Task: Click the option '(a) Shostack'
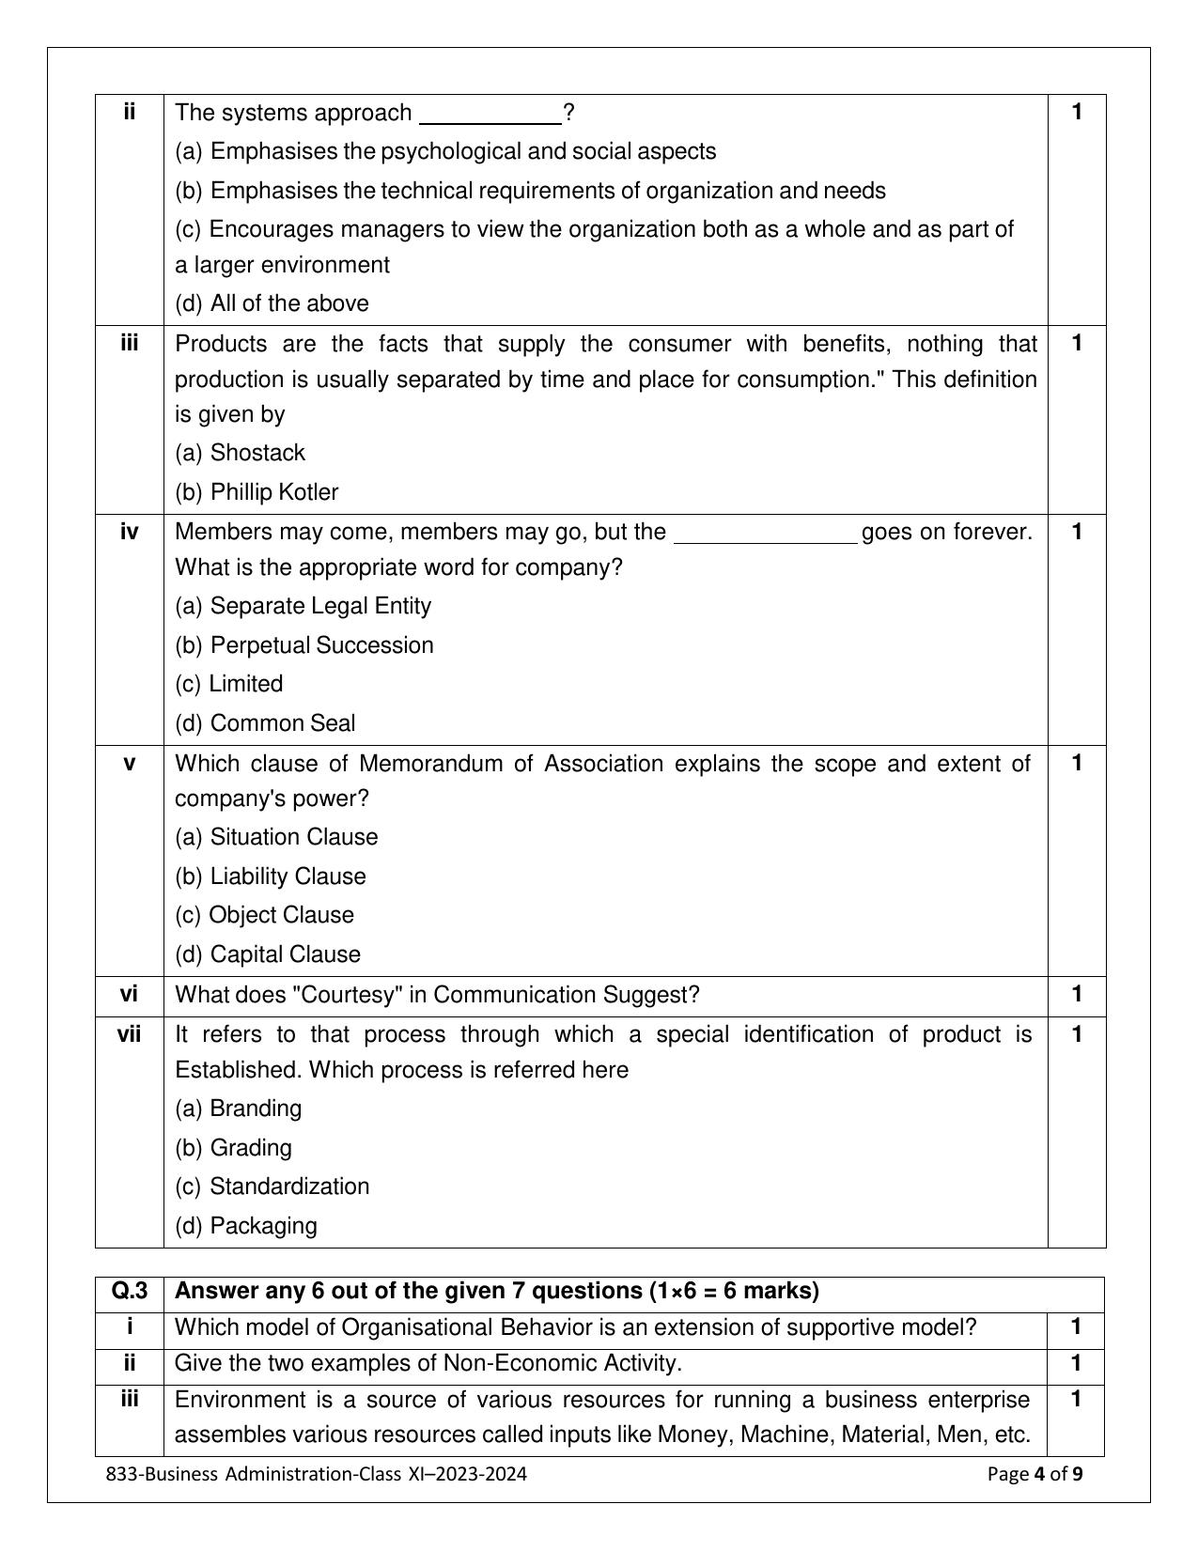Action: click(240, 453)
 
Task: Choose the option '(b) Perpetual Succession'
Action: click(304, 645)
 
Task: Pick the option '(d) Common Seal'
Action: click(265, 723)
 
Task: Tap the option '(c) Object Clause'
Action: click(264, 915)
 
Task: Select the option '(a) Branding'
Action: click(239, 1109)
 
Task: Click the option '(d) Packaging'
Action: click(246, 1226)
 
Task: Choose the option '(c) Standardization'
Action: click(272, 1187)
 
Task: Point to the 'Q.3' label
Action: click(130, 1291)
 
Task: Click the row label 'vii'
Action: click(129, 1034)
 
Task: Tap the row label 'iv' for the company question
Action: click(129, 532)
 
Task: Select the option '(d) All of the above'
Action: click(272, 303)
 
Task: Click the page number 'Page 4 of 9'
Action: click(1035, 1474)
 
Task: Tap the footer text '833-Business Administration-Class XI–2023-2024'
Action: click(317, 1474)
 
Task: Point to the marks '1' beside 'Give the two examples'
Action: click(1076, 1363)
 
